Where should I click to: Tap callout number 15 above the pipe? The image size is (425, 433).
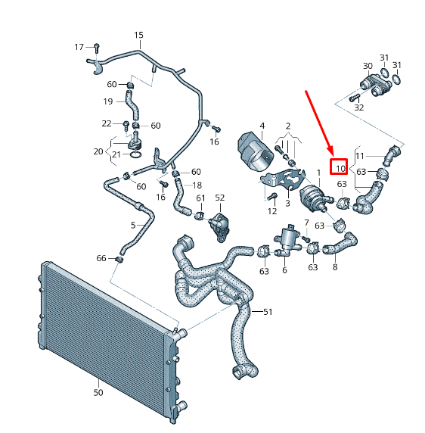pos(138,35)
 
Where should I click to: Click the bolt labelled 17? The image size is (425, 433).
pos(97,48)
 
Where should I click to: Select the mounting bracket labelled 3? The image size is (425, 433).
pos(284,179)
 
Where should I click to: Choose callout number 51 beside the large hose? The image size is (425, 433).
pos(268,312)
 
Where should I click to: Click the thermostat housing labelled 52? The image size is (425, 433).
pos(219,226)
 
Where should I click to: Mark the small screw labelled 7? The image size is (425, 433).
pos(306,238)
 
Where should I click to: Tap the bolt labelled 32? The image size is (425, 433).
pos(354,97)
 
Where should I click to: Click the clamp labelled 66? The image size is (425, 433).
pos(119,260)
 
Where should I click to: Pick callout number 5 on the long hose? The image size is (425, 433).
pos(133,226)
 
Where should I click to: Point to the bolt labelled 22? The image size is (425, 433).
pos(126,126)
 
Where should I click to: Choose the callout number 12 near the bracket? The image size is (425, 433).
pos(272,211)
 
